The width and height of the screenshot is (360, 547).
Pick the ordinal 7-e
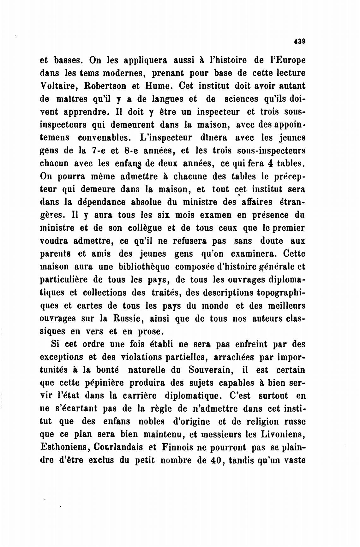[x=93, y=151]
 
